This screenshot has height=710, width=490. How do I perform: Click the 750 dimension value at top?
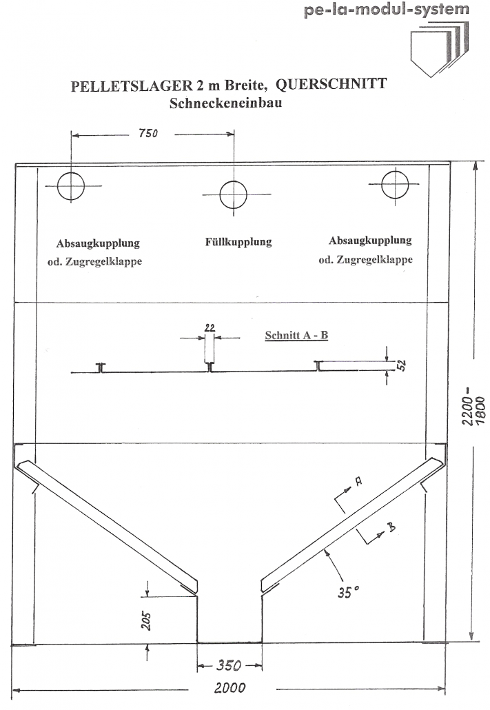click(148, 133)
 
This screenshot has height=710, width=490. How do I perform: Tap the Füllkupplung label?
click(238, 242)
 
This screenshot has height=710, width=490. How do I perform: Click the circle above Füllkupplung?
click(233, 194)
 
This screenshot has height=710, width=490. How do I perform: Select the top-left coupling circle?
click(71, 186)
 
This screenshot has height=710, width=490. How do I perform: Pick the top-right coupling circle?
click(395, 184)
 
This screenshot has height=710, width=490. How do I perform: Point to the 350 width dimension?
click(229, 665)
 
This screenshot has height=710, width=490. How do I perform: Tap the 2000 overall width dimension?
click(229, 688)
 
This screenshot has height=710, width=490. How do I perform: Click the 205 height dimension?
click(145, 621)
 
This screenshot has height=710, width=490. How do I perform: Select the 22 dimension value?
click(210, 327)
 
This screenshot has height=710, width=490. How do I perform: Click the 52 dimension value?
click(401, 365)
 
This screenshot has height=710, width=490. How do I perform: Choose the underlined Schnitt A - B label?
click(296, 336)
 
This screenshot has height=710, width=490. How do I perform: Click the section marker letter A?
click(358, 481)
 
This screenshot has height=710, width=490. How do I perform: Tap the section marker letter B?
click(391, 527)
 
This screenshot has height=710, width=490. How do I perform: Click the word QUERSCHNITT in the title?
click(331, 84)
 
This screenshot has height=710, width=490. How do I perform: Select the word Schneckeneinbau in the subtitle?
click(225, 103)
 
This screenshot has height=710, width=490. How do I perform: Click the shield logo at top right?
click(439, 49)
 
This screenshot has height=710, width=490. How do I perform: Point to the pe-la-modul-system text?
click(387, 9)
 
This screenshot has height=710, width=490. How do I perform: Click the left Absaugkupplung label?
click(98, 243)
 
